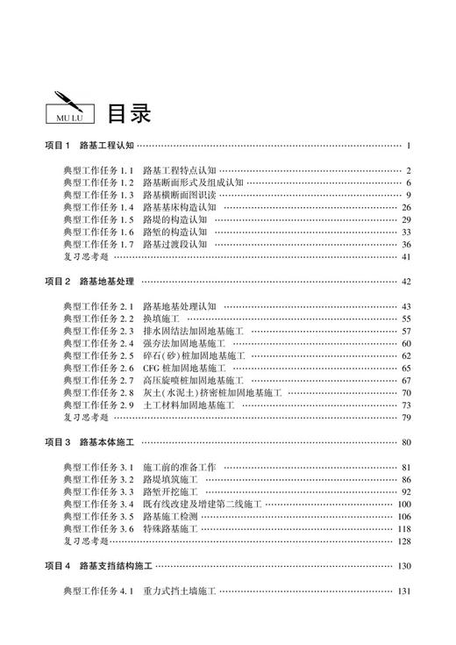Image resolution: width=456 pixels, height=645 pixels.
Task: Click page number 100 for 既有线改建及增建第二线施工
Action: [x=404, y=505]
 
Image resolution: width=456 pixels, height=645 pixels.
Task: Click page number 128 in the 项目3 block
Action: [x=404, y=541]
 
